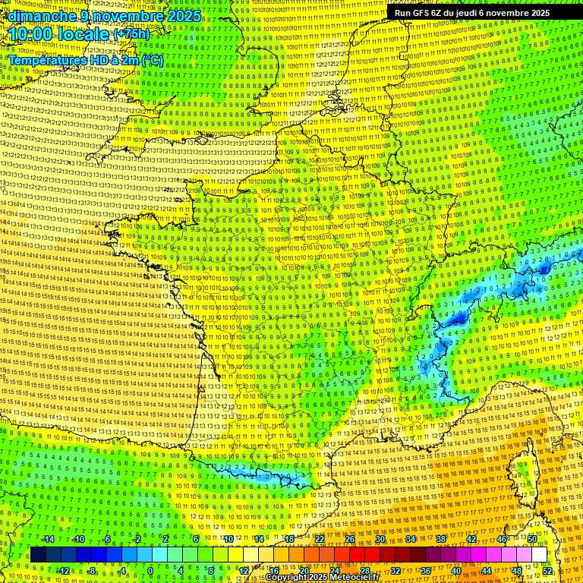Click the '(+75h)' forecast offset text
131,34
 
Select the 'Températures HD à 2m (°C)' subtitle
85,60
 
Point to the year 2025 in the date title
184,16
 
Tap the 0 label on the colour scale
150,571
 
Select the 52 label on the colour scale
547,571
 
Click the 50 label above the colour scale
532,539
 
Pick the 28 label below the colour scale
364,571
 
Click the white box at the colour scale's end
539,555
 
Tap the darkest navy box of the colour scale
38,555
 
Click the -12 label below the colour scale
63,571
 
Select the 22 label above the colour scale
320,539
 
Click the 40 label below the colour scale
456,571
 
